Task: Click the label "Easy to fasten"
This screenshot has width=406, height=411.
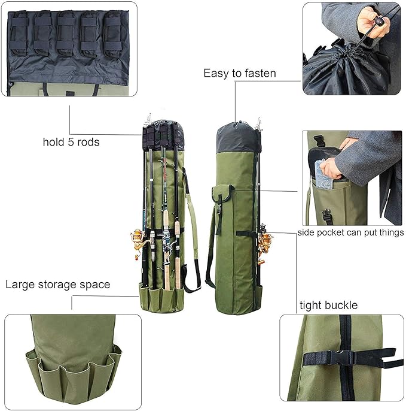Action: [239, 74]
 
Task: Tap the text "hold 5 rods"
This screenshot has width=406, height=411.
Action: [71, 142]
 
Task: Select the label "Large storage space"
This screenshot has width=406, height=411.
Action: [58, 284]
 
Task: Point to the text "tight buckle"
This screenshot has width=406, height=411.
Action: [328, 306]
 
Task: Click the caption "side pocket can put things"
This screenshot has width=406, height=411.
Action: [350, 232]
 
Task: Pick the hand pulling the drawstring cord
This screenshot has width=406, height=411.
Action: [369, 24]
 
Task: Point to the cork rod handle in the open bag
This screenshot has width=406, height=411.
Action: [166, 264]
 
